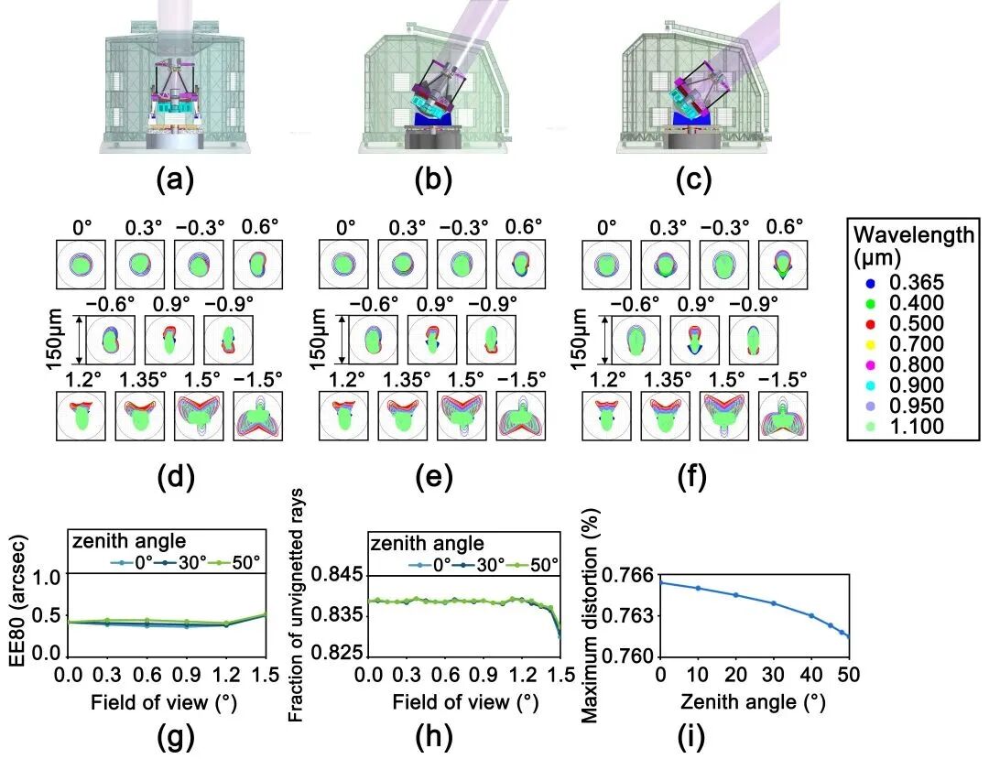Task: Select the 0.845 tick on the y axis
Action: (342, 575)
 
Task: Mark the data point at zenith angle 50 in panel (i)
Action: (849, 636)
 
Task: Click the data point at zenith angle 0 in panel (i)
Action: (659, 582)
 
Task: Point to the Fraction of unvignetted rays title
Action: (297, 605)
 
